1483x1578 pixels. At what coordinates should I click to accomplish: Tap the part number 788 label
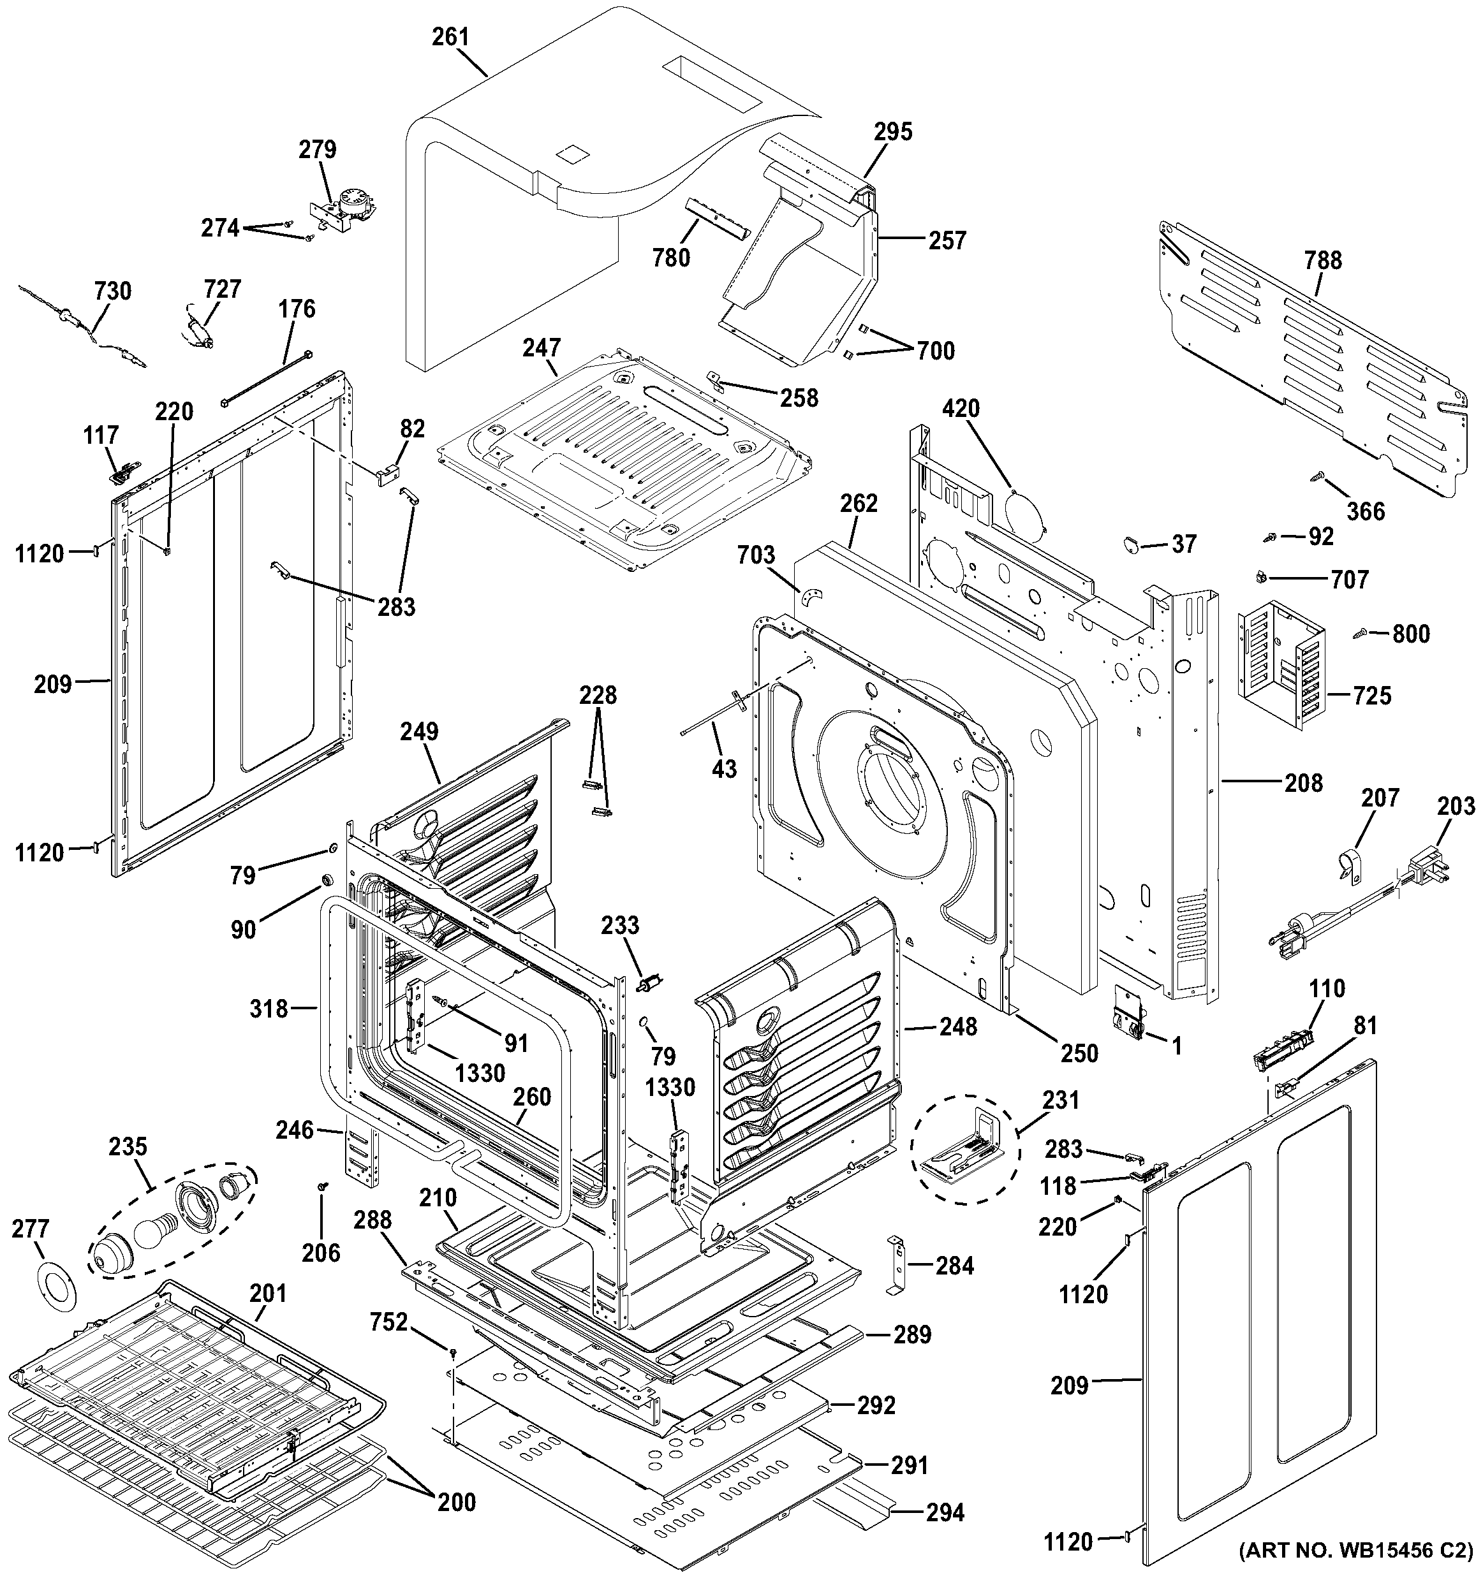[1323, 259]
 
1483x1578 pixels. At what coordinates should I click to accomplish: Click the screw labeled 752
[452, 1350]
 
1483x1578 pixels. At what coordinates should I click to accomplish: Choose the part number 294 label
[945, 1513]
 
